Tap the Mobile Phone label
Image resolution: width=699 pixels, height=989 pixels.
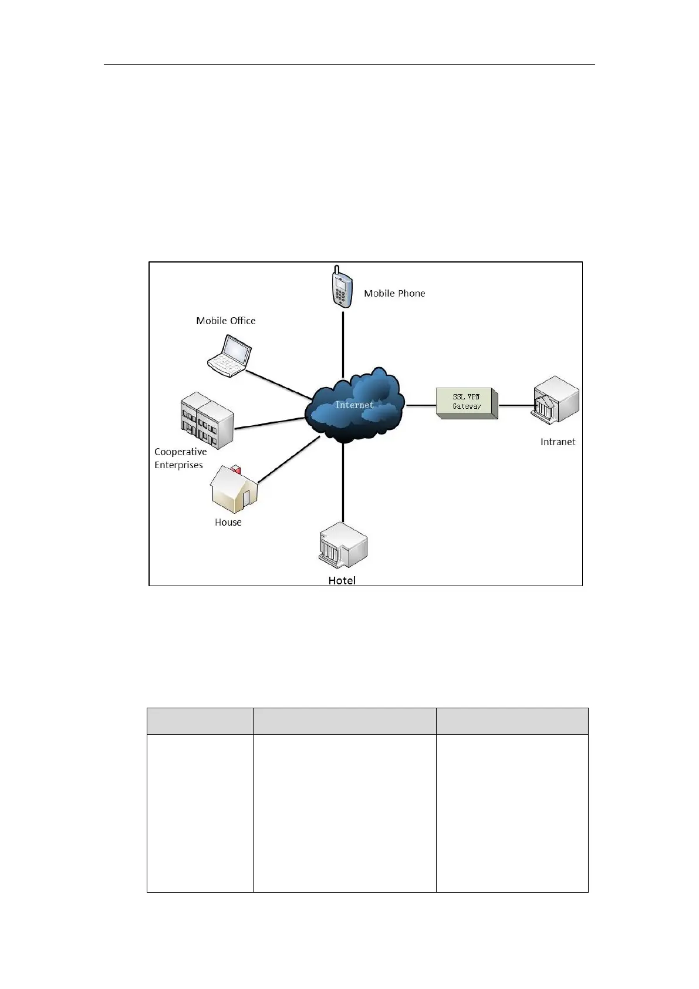pyautogui.click(x=394, y=293)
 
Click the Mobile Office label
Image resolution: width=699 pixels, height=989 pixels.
pyautogui.click(x=226, y=321)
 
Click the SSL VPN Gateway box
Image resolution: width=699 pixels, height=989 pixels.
pyautogui.click(x=467, y=402)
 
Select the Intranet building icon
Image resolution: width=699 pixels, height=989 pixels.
pyautogui.click(x=555, y=403)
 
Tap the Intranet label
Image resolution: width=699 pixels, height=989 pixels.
pyautogui.click(x=558, y=442)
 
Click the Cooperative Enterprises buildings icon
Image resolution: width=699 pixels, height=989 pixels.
pyautogui.click(x=207, y=421)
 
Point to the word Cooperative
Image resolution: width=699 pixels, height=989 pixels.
pyautogui.click(x=181, y=452)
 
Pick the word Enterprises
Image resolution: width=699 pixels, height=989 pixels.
pyautogui.click(x=178, y=465)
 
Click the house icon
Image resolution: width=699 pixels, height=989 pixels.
pyautogui.click(x=234, y=490)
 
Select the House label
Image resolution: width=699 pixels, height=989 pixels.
pyautogui.click(x=228, y=522)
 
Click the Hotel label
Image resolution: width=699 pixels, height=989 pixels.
pyautogui.click(x=342, y=580)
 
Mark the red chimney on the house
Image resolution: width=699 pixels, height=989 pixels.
pyautogui.click(x=236, y=469)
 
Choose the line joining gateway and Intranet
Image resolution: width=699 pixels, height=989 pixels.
pyautogui.click(x=515, y=405)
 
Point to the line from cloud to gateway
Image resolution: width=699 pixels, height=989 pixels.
pyautogui.click(x=421, y=405)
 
